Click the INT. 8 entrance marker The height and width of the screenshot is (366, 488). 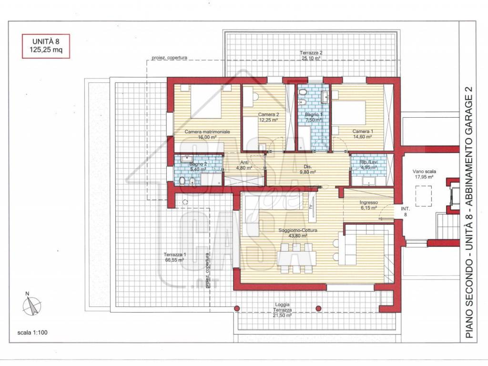[406, 212]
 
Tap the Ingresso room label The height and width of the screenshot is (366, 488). [369, 205]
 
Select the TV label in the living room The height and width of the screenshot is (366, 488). [311, 207]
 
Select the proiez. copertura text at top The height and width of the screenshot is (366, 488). [169, 58]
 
